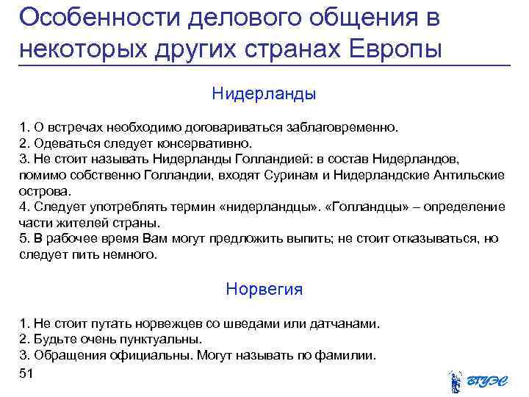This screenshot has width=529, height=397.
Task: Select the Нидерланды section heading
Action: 264,94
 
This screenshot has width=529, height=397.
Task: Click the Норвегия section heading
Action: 264,289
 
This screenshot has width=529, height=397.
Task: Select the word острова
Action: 42,190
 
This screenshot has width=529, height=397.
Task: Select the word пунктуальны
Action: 158,340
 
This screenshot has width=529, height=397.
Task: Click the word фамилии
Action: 347,356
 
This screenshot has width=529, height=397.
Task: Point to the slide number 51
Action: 27,374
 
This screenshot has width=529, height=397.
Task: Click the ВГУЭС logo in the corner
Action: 478,381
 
